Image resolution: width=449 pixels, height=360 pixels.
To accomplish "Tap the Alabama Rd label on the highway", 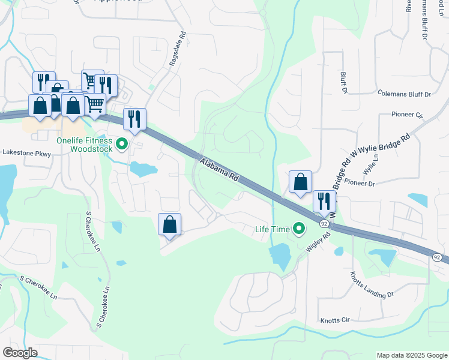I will tap(220, 170).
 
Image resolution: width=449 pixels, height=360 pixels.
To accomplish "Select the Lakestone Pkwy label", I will tap(26, 154).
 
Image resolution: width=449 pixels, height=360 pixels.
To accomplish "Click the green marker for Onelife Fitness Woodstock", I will tap(122, 144).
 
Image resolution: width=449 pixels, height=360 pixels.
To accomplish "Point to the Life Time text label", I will tap(271, 229).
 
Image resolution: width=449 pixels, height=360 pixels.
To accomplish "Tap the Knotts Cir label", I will tap(335, 320).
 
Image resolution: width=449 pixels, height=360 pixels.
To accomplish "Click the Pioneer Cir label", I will tap(406, 114).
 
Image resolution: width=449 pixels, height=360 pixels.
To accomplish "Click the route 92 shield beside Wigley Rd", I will tap(324, 224).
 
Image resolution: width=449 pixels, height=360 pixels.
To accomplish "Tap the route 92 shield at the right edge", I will tap(436, 257).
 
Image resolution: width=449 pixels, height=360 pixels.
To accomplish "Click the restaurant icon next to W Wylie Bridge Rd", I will tap(324, 201).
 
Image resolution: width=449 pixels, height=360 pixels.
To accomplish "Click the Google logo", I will tap(20, 353).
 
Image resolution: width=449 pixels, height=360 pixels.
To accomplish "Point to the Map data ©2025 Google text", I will tap(411, 355).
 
